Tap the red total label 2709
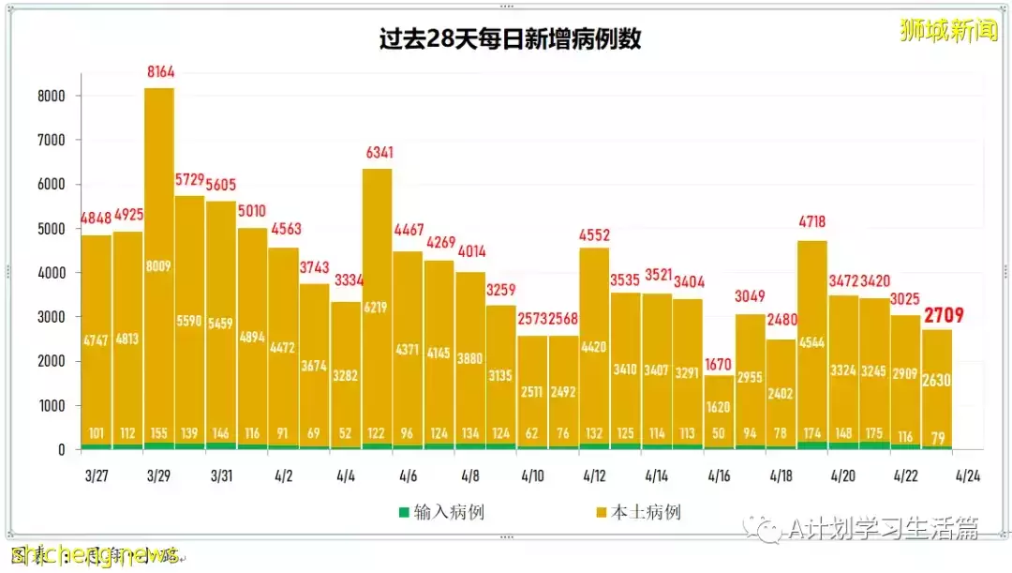944,315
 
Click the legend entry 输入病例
441,512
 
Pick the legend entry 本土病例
636,512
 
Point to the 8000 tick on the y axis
51,96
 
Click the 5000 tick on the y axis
51,229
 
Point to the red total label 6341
377,153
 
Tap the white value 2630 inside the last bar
937,379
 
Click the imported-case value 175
874,433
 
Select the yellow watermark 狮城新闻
948,30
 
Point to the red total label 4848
97,218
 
